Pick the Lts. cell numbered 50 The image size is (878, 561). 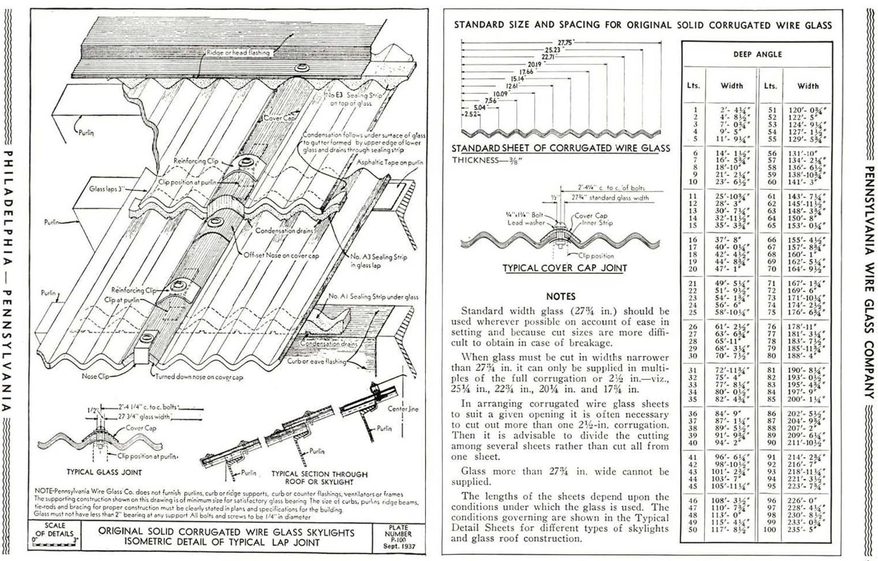(x=693, y=529)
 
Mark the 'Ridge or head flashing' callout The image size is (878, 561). (x=238, y=53)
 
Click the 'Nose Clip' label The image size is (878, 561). (x=95, y=376)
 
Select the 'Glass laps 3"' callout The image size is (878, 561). (x=107, y=189)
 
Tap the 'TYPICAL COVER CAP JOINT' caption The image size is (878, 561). (x=565, y=268)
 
